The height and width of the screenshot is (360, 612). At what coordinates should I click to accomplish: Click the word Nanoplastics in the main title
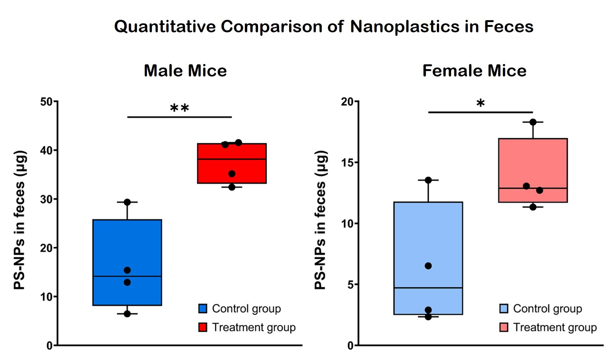click(x=405, y=26)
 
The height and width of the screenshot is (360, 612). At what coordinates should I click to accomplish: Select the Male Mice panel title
click(x=185, y=71)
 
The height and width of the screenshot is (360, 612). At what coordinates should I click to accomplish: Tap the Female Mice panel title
click(x=474, y=71)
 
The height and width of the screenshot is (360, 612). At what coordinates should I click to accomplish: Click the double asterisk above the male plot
click(x=179, y=108)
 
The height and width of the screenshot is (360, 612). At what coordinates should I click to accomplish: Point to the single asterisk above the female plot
click(x=480, y=103)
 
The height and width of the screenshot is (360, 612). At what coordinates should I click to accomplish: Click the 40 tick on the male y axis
click(x=46, y=150)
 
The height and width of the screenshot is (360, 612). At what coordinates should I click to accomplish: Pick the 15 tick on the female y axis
click(x=348, y=163)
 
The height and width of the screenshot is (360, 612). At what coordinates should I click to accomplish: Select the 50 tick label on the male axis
click(x=46, y=102)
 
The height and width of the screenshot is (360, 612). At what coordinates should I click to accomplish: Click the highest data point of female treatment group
click(x=533, y=122)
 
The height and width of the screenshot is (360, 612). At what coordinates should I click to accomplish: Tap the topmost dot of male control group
click(x=127, y=202)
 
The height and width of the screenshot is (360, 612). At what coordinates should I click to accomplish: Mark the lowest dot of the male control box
click(x=127, y=314)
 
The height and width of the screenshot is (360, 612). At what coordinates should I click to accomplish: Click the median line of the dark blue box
click(x=127, y=276)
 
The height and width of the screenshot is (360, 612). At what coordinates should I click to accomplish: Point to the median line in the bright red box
click(x=232, y=159)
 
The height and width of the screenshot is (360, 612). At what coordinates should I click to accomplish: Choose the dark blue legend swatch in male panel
click(x=203, y=308)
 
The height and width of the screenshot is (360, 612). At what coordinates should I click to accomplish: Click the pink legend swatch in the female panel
click(x=504, y=327)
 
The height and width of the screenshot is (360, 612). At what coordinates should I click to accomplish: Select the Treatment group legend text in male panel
click(x=254, y=327)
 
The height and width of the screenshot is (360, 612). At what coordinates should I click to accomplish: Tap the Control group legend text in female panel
click(x=547, y=308)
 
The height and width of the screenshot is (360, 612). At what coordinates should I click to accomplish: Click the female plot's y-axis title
click(x=320, y=220)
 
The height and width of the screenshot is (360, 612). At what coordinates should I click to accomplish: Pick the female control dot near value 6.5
click(x=428, y=266)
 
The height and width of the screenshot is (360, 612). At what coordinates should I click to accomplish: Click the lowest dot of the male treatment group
click(x=232, y=187)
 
